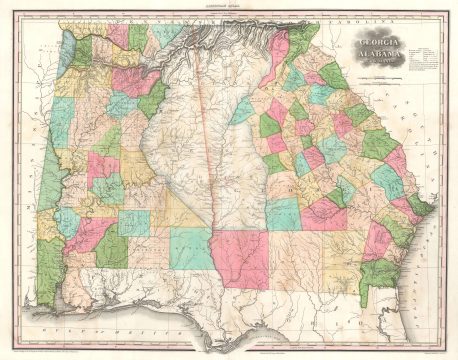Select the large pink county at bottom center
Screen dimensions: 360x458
tap(241, 259)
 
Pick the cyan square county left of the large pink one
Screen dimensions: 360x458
tap(189, 248)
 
